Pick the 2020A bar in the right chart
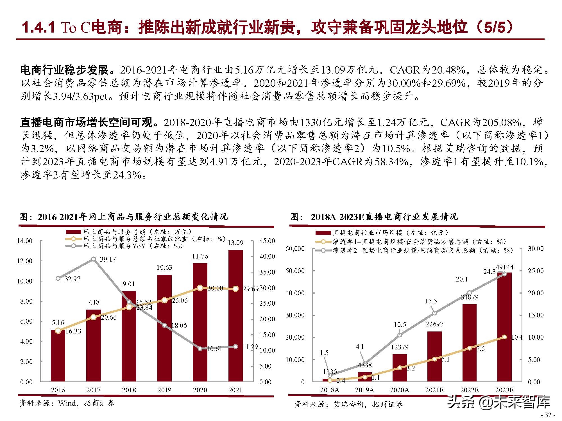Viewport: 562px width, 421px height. pyautogui.click(x=400, y=368)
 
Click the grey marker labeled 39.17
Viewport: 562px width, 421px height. pyautogui.click(x=94, y=259)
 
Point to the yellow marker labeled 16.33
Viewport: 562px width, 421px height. pyautogui.click(x=58, y=331)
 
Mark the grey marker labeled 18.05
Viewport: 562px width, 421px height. pyautogui.click(x=165, y=325)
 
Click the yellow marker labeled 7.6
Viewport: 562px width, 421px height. pyautogui.click(x=470, y=348)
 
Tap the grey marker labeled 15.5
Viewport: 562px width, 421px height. pyautogui.click(x=435, y=313)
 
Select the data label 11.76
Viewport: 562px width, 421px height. pyautogui.click(x=200, y=256)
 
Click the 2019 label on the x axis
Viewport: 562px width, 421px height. pyautogui.click(x=164, y=390)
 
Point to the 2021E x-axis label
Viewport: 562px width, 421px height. pyautogui.click(x=434, y=390)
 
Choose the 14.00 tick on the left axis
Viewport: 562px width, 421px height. pyautogui.click(x=25, y=241)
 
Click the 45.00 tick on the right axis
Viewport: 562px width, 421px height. pyautogui.click(x=267, y=241)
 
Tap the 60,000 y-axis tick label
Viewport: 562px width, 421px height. pyautogui.click(x=295, y=249)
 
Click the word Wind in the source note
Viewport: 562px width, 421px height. pyautogui.click(x=67, y=403)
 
